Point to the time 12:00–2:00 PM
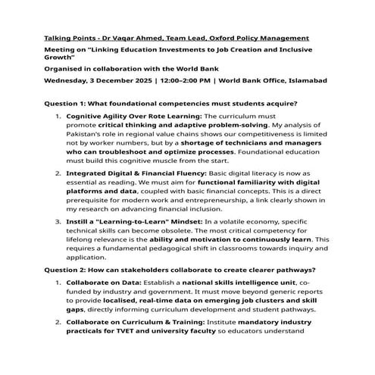click(x=186, y=79)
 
